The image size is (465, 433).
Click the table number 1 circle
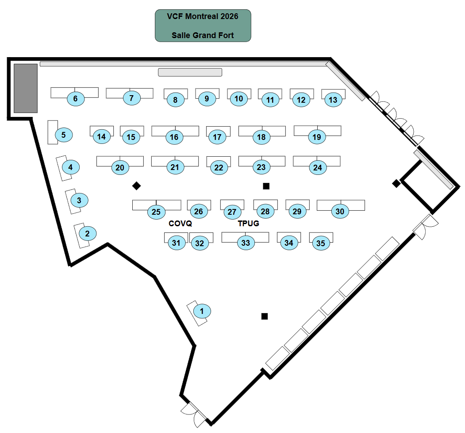[202, 311]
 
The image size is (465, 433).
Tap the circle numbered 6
[76, 99]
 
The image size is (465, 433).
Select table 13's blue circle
[333, 100]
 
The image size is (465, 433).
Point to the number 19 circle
[316, 137]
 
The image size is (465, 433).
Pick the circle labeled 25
[156, 212]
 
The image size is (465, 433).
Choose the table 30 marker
[340, 212]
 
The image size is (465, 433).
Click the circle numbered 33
[246, 243]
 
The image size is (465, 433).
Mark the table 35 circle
[321, 243]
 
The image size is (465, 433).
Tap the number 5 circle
[64, 135]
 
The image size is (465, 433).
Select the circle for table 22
[219, 167]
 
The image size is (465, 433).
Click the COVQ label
[181, 224]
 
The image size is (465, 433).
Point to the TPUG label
[249, 224]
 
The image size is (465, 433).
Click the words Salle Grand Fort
[203, 35]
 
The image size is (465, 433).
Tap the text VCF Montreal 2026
[203, 16]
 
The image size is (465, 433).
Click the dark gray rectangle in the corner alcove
[25, 88]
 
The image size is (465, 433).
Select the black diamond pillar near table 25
[137, 186]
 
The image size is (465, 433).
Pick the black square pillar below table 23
[266, 186]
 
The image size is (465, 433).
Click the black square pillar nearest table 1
[265, 316]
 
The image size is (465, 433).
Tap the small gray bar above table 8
[190, 72]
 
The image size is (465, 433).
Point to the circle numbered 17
[217, 137]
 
